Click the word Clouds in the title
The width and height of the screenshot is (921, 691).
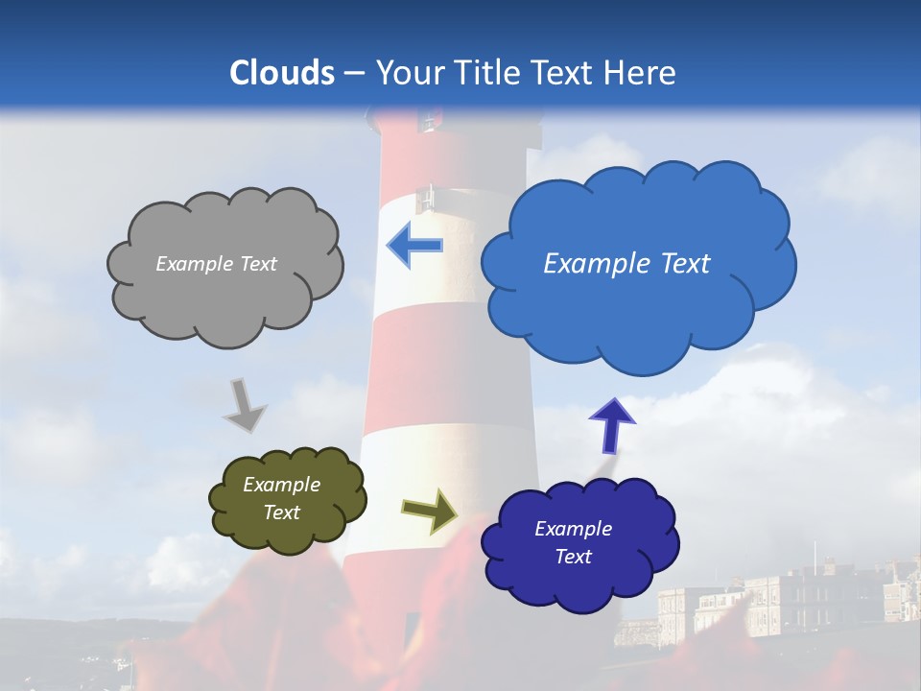[x=282, y=73]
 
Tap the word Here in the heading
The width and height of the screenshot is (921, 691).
[x=643, y=73]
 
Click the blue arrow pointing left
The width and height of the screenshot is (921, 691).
[x=414, y=246]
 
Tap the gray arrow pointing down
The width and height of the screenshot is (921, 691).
[x=245, y=406]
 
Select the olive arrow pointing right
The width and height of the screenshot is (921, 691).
[x=429, y=511]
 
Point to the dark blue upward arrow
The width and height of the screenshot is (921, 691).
[x=611, y=425]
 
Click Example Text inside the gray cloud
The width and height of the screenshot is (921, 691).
[x=216, y=264]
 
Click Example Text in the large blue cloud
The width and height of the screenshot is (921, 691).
[x=626, y=264]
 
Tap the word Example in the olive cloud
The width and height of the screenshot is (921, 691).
[x=281, y=485]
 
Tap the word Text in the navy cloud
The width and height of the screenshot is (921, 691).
[x=574, y=557]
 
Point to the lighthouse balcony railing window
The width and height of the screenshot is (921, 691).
[x=425, y=198]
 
